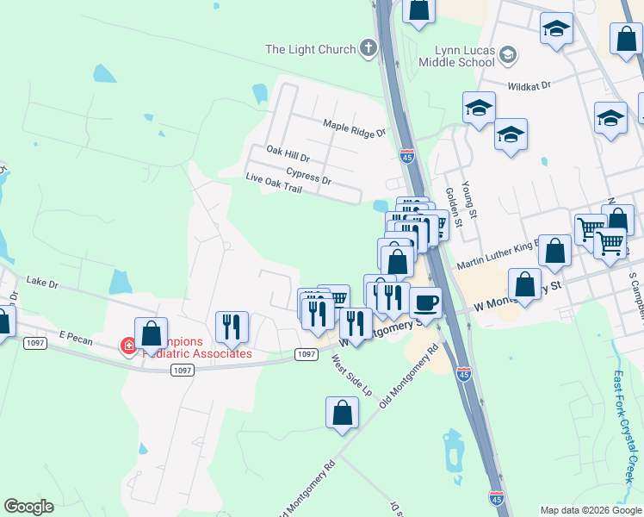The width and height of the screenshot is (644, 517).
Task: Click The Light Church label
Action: [310, 49]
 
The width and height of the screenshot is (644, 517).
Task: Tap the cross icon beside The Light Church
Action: [368, 48]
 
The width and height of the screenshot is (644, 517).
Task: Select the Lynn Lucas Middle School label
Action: [457, 56]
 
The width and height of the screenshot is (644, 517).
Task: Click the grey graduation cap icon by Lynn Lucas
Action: [508, 56]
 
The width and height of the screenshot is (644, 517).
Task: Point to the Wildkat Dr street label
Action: [529, 86]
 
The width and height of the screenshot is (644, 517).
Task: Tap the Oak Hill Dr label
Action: [288, 151]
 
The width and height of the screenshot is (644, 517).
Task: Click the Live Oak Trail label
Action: [274, 180]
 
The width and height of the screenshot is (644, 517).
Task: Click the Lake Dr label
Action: [42, 281]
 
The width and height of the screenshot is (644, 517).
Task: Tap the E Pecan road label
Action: [76, 334]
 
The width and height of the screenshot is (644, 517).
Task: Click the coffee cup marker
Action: [425, 302]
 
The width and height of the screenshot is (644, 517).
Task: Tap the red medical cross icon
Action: [128, 346]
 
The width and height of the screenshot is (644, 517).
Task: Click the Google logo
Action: [29, 507]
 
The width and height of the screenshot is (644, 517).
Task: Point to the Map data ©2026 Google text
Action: [591, 510]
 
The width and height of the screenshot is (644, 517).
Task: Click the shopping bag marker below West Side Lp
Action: [342, 413]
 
